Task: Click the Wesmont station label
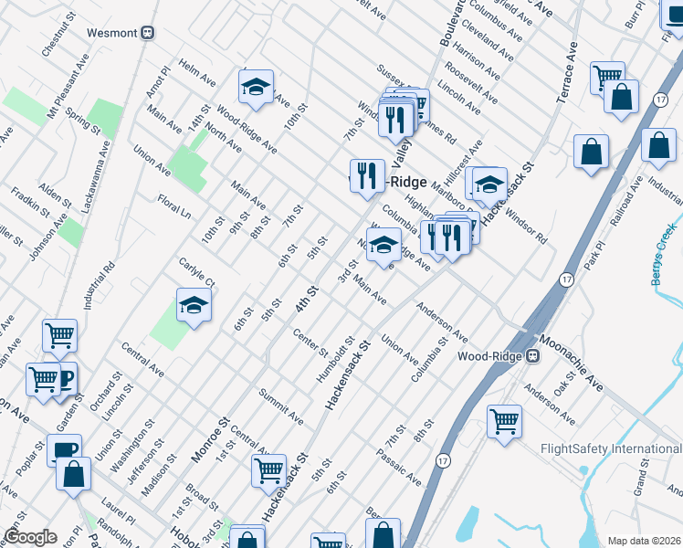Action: (111, 32)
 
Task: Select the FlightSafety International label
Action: (611, 448)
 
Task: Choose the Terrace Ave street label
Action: (566, 72)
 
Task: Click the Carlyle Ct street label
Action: (196, 270)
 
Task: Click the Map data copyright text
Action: (644, 541)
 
